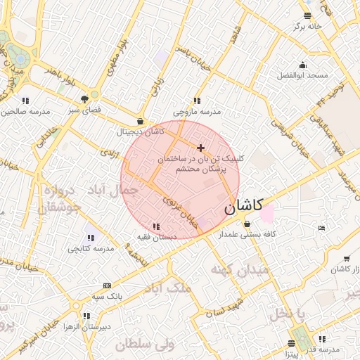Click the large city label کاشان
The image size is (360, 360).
[x=243, y=206]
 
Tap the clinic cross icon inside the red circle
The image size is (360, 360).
[x=202, y=148]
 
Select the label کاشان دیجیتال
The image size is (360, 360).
[x=140, y=131]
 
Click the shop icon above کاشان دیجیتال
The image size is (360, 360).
[x=141, y=121]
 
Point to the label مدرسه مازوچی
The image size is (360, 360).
[x=197, y=112]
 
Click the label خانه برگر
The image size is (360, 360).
[x=307, y=26]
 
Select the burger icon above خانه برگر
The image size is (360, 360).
[x=307, y=15]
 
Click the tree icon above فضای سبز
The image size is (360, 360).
[x=84, y=99]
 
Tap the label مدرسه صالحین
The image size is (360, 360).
[x=25, y=112]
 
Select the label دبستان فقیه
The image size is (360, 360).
[x=155, y=237]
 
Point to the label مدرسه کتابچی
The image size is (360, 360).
[x=91, y=248]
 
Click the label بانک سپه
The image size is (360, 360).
[x=107, y=296]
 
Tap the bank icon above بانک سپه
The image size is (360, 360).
[x=107, y=285]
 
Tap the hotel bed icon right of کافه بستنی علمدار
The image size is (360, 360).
[x=322, y=228]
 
